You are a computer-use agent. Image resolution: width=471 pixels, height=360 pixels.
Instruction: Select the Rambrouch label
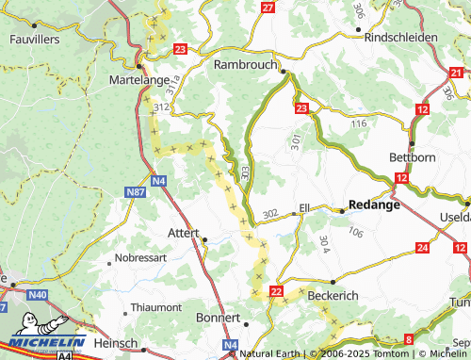click(x=247, y=64)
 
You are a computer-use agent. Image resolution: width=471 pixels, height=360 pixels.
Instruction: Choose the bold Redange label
click(x=374, y=204)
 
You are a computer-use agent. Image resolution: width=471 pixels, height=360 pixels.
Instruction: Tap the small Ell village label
click(x=304, y=206)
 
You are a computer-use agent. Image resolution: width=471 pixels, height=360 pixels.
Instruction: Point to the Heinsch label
click(x=116, y=343)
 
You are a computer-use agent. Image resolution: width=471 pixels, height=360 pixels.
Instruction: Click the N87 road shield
click(x=136, y=192)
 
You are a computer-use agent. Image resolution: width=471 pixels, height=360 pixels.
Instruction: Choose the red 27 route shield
click(x=268, y=8)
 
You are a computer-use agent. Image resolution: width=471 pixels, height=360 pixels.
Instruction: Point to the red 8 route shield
click(x=409, y=338)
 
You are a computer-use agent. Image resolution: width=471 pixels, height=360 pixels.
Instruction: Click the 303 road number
click(x=245, y=172)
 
